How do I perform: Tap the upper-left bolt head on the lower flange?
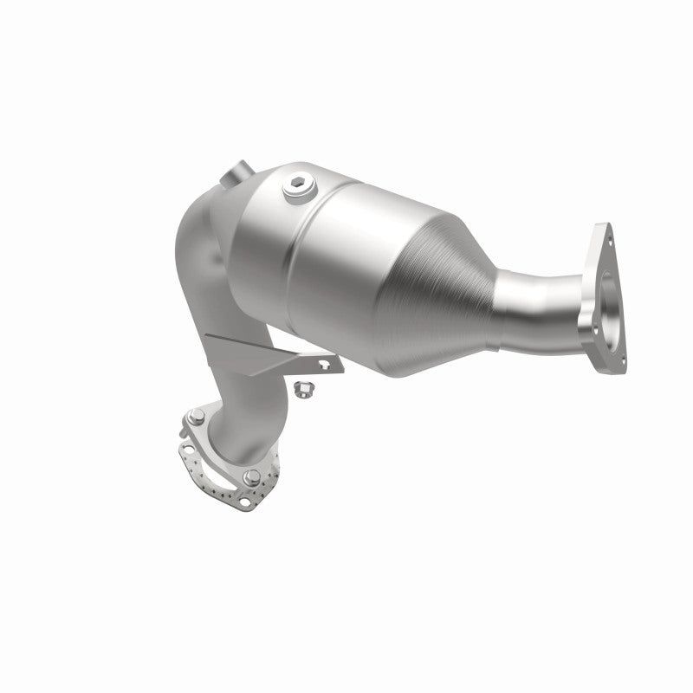tap(198, 414)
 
